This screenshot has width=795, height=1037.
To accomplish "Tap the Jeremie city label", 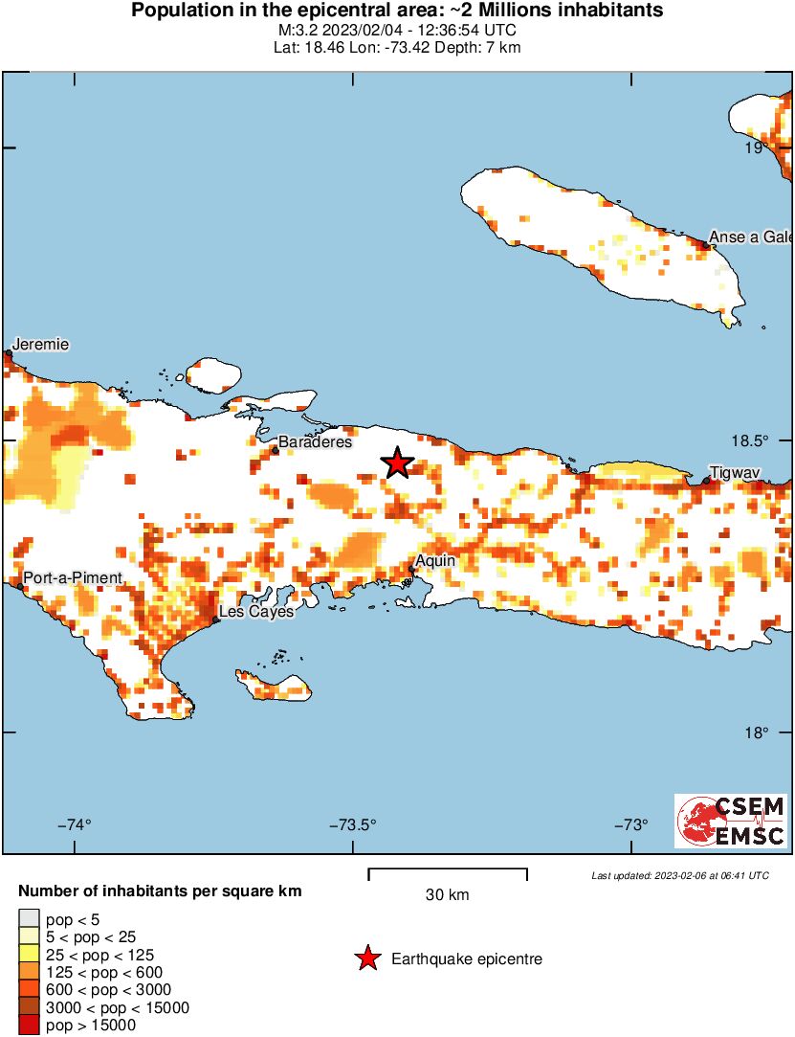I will [40, 345].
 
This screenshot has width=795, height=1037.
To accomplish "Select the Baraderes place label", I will [315, 441].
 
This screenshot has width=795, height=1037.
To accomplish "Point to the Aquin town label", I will [435, 561].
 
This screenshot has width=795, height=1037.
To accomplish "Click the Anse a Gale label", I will [750, 237].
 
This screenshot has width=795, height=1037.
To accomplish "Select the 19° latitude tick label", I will [758, 148].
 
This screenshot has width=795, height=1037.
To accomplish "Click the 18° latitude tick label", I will [758, 733].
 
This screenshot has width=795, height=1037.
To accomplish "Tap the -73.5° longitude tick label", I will [353, 825].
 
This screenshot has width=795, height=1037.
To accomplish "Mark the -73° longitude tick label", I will [631, 825].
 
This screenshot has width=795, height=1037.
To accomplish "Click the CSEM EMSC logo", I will [732, 821].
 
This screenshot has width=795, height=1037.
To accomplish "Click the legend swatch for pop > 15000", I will [31, 1026].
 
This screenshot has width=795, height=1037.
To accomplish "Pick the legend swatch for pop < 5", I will [31, 919].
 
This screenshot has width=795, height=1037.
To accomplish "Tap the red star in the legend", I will [366, 958].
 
